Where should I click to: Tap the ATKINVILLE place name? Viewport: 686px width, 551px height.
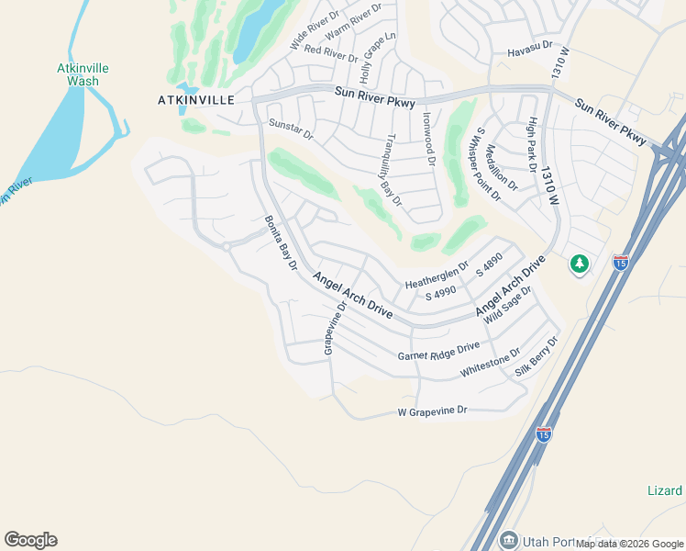[x=194, y=99]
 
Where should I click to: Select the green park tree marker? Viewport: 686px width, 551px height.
[x=579, y=264]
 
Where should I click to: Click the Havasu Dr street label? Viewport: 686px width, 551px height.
[x=530, y=45]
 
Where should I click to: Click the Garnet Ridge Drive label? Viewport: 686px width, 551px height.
[x=438, y=351]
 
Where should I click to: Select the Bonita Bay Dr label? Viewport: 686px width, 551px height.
[x=282, y=242]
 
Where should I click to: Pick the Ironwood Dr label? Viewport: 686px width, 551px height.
[x=427, y=139]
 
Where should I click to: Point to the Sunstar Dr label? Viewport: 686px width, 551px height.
[x=291, y=129]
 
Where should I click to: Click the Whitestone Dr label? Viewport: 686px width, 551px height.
[x=490, y=363]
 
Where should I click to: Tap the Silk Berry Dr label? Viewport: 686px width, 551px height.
[x=537, y=356]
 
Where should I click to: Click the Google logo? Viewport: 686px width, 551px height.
[x=30, y=540]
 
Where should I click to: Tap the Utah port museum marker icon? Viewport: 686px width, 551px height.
[x=509, y=539]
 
